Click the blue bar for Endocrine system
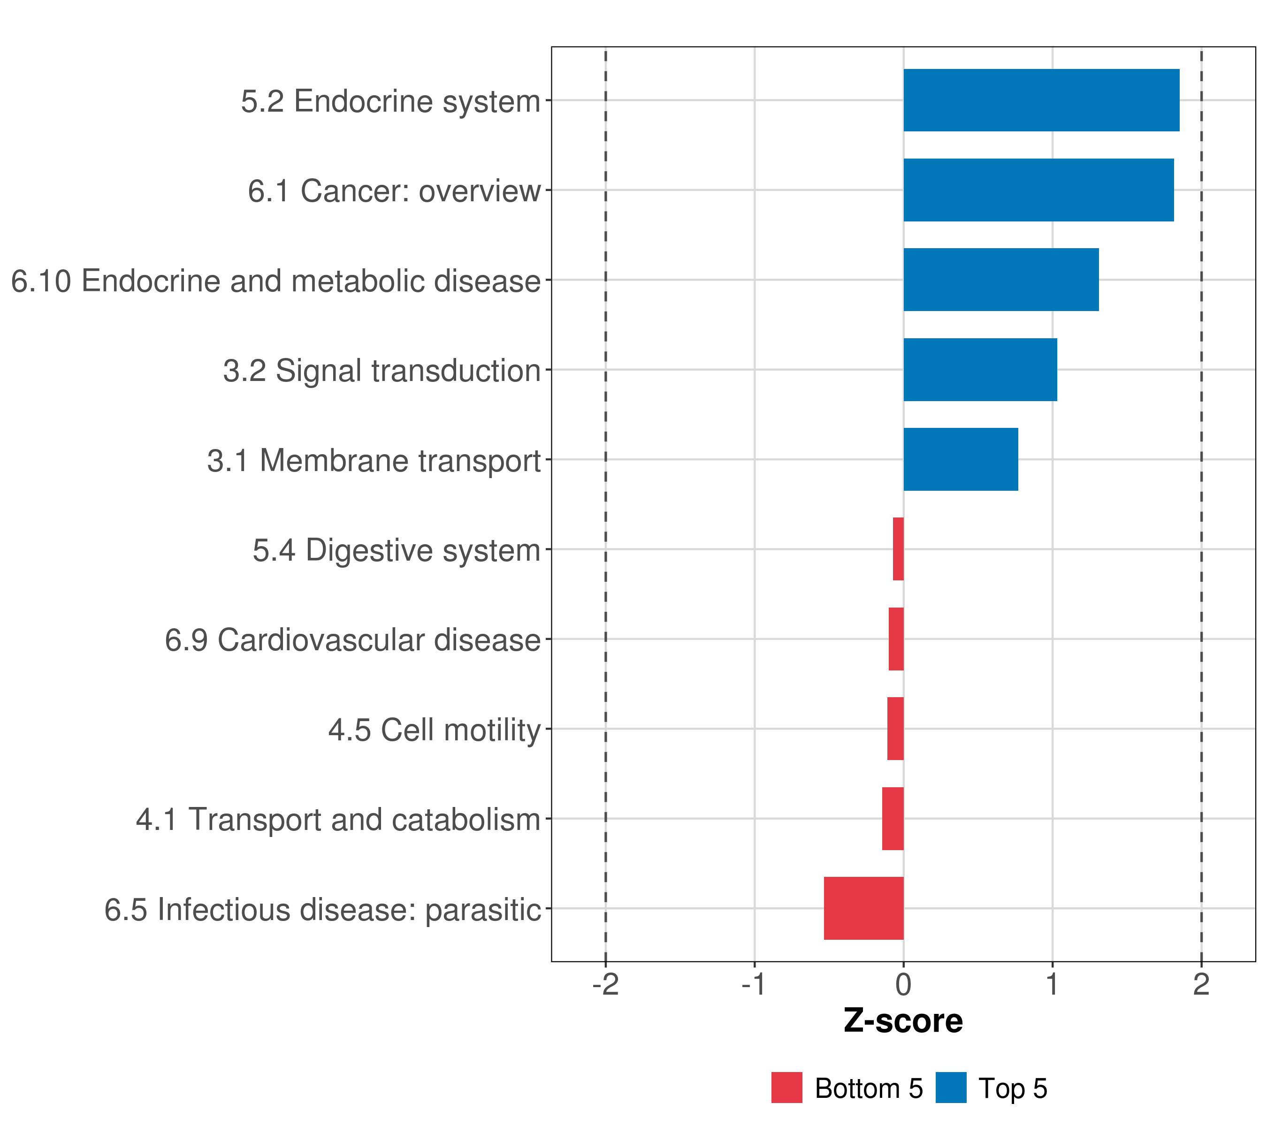(x=1041, y=100)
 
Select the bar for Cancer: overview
(x=1039, y=190)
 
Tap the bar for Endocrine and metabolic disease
(x=1001, y=280)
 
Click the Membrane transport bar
(x=961, y=459)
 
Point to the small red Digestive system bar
(x=898, y=549)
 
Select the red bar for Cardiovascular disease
(x=896, y=639)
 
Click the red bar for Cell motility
(x=896, y=729)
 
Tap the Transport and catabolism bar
(x=893, y=819)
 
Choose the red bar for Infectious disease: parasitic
(x=864, y=908)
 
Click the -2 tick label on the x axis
(x=606, y=984)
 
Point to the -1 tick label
(x=755, y=984)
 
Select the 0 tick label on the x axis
(x=904, y=984)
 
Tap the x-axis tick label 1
(x=1053, y=984)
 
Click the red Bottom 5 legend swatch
(x=786, y=1088)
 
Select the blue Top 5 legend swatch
(x=951, y=1088)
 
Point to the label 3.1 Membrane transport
(x=374, y=460)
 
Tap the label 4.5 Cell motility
(x=435, y=730)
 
